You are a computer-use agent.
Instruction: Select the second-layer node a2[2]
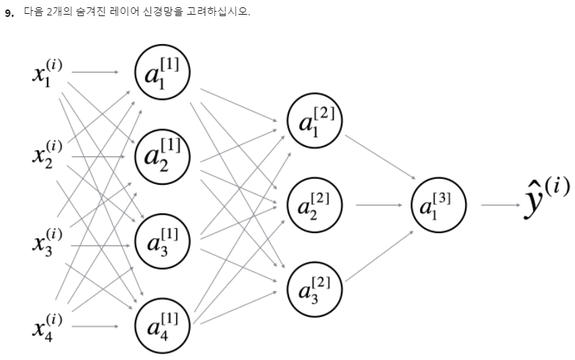point(315,203)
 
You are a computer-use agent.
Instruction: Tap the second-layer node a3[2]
point(315,287)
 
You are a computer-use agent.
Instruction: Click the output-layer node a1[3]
point(439,203)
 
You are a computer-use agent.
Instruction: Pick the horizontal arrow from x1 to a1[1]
point(95,72)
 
